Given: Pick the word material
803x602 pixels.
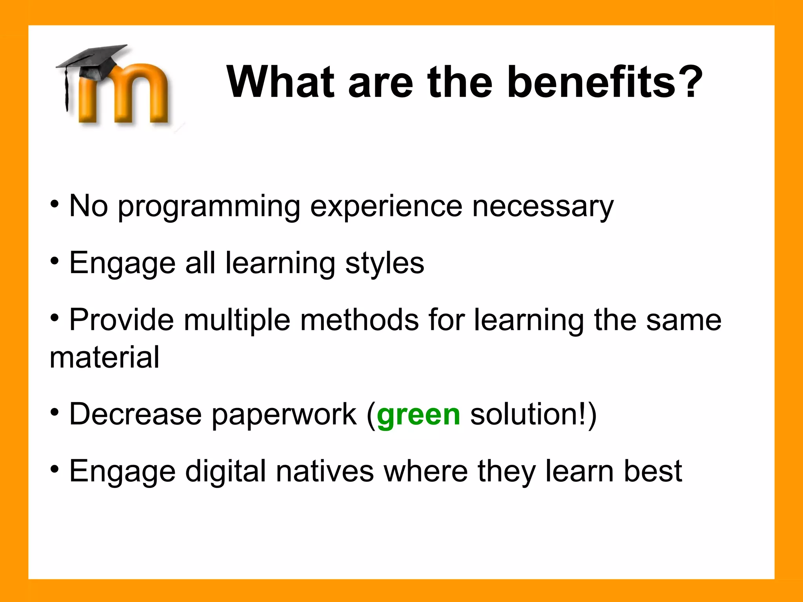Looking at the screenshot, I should click(x=104, y=357).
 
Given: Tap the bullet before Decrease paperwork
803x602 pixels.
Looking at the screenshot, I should click(x=55, y=412).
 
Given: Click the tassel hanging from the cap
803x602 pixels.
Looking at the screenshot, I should click(x=66, y=90).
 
